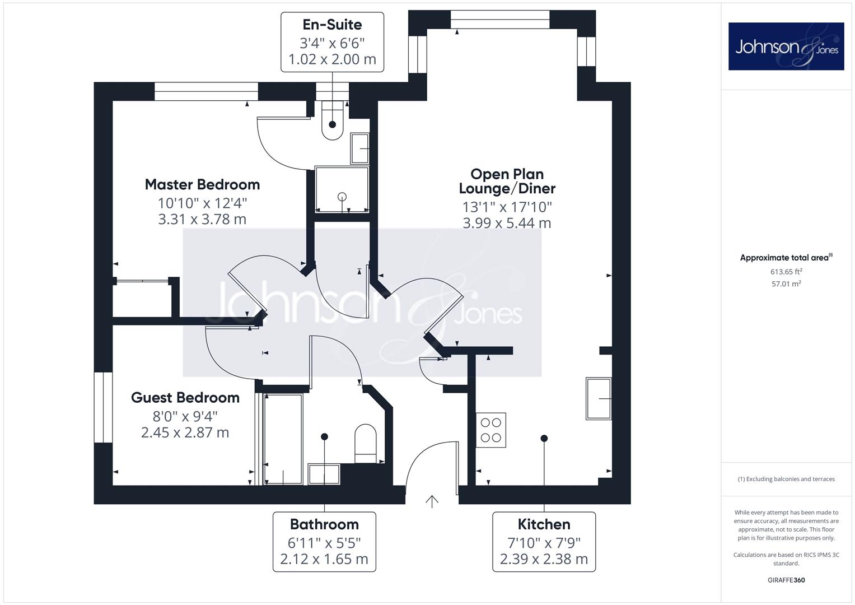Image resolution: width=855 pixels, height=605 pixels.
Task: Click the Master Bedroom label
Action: click(x=202, y=184)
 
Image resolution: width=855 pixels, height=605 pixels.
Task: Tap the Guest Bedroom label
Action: click(x=185, y=398)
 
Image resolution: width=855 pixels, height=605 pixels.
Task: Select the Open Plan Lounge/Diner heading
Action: click(x=507, y=181)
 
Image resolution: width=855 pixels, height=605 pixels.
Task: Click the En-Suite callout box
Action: click(x=332, y=42)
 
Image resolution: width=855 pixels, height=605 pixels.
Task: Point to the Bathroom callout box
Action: click(x=324, y=541)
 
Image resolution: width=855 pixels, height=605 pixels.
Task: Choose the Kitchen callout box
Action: click(x=544, y=541)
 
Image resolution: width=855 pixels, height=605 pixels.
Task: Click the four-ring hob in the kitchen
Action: click(x=491, y=430)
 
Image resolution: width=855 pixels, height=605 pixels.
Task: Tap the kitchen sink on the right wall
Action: click(x=598, y=398)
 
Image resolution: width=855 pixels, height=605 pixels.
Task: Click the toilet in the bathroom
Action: click(x=366, y=443)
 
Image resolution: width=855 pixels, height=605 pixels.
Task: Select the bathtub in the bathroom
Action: click(x=283, y=439)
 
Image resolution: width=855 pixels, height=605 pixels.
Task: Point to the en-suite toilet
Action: click(x=332, y=122)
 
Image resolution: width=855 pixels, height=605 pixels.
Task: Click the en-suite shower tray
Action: click(x=342, y=189)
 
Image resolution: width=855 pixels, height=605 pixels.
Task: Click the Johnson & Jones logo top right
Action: click(x=786, y=46)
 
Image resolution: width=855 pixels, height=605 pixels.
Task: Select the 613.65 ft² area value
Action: click(x=786, y=272)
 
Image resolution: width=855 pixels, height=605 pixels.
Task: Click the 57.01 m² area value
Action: click(x=786, y=284)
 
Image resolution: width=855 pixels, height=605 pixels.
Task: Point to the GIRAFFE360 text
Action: click(x=786, y=580)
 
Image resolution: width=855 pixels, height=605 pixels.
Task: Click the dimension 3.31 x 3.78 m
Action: click(x=202, y=219)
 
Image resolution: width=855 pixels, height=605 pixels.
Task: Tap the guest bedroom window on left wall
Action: click(x=103, y=407)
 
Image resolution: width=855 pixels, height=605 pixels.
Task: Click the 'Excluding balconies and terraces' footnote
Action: click(x=786, y=479)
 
